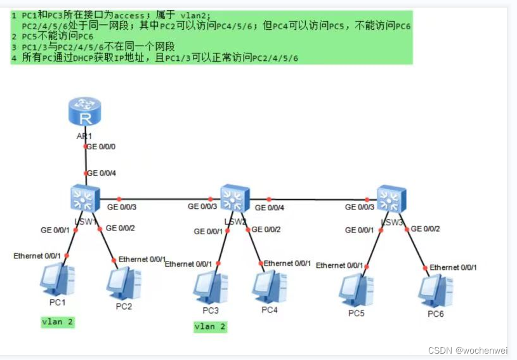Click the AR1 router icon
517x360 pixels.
[x=85, y=113]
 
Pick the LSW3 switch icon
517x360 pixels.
[x=391, y=198]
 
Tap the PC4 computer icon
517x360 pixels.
[x=270, y=287]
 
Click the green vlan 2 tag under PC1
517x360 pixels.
[x=58, y=322]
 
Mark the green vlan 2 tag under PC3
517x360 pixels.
[x=210, y=326]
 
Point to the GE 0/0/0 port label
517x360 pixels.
[x=102, y=147]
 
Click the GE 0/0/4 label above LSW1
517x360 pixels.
[x=102, y=173]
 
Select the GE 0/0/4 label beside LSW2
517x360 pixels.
[x=270, y=207]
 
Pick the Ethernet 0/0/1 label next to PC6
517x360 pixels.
[x=453, y=267]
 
